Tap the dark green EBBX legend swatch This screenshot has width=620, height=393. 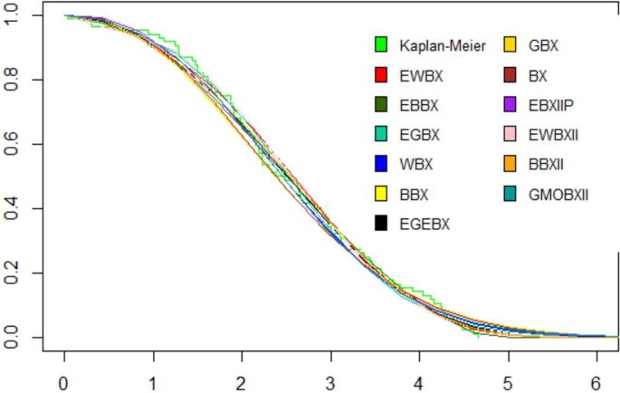click(381, 104)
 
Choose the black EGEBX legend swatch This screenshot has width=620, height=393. click(381, 221)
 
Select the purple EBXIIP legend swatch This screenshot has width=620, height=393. click(510, 104)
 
